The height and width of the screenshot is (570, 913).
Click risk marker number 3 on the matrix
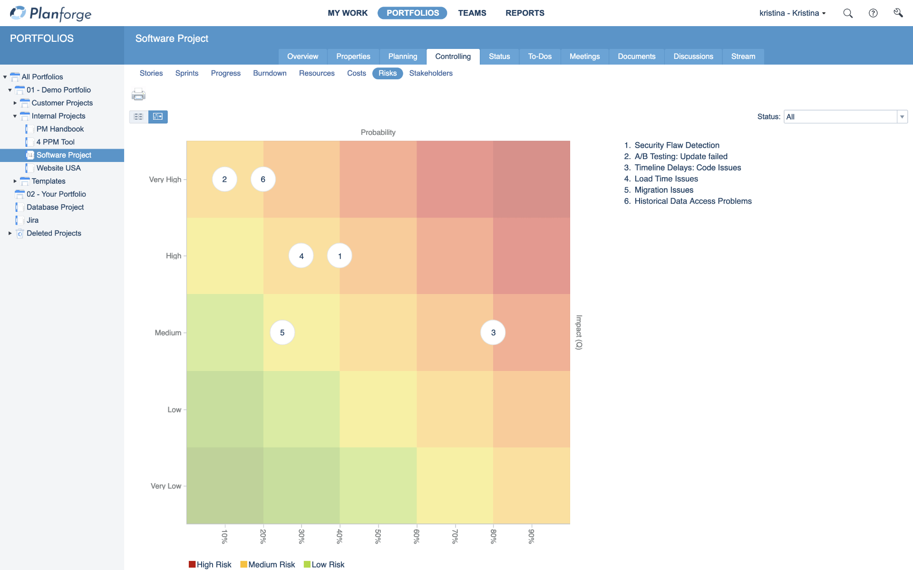[x=493, y=332]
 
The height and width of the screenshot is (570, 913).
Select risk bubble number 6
[x=263, y=179]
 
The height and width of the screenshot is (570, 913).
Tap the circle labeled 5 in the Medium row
[x=282, y=332]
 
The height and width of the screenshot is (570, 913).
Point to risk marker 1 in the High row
[x=340, y=256]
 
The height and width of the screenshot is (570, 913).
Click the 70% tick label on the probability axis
[x=455, y=536]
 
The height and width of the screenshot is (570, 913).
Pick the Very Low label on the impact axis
[x=165, y=486]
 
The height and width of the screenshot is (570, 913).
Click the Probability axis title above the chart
[x=378, y=133]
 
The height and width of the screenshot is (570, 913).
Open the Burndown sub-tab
[x=270, y=73]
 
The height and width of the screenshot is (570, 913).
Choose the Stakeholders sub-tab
[x=430, y=73]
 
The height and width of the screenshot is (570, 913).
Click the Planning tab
[x=402, y=57]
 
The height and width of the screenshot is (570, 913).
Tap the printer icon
[x=138, y=94]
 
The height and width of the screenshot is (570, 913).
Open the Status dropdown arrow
[x=902, y=117]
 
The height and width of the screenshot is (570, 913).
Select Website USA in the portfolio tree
[x=58, y=168]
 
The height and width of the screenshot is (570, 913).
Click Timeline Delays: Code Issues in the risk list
[x=687, y=168]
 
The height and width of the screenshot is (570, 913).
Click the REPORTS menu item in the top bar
[x=524, y=13]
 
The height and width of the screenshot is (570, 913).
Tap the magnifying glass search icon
[x=847, y=13]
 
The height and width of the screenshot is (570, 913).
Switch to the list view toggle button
[x=138, y=117]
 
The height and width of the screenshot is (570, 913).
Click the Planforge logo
[x=51, y=13]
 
